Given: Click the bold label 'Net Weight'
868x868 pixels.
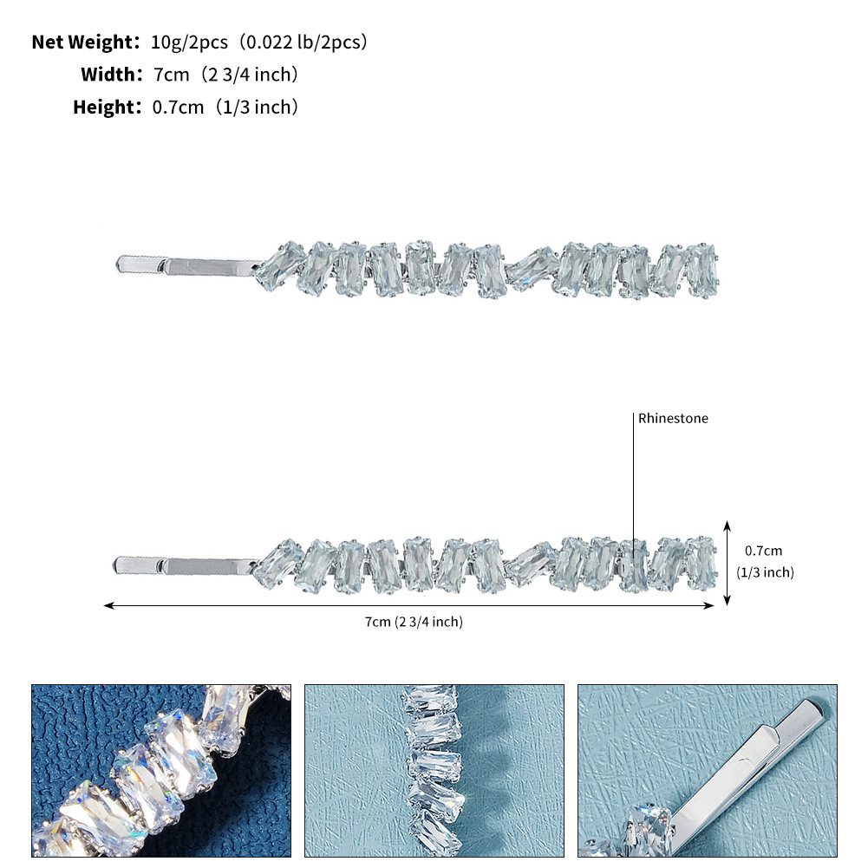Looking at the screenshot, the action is pos(82,42).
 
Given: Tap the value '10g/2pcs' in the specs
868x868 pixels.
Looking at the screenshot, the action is pos(189,42).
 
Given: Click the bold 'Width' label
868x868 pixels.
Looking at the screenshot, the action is pos(108,75).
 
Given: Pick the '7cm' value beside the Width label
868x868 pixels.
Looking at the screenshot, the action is pos(171,75).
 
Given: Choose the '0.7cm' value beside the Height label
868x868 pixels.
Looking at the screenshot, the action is pos(178,107).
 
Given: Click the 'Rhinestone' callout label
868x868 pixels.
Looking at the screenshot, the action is pos(673,419).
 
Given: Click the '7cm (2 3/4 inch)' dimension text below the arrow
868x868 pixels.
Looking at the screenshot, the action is pos(414,622).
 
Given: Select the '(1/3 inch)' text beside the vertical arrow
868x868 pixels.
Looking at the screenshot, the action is pos(765,572).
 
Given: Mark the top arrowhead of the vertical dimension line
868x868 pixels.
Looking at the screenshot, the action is pos(728,525).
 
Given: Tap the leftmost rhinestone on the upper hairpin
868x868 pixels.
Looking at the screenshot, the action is pos(280,266).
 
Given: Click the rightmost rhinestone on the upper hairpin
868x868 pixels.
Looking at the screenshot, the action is pos(702,271).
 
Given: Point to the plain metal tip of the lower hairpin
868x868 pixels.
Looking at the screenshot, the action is pos(139,565).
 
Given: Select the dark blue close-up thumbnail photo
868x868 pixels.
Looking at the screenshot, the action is pos(161,771).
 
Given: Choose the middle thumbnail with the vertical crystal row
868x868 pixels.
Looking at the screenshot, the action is pos(434,771).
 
